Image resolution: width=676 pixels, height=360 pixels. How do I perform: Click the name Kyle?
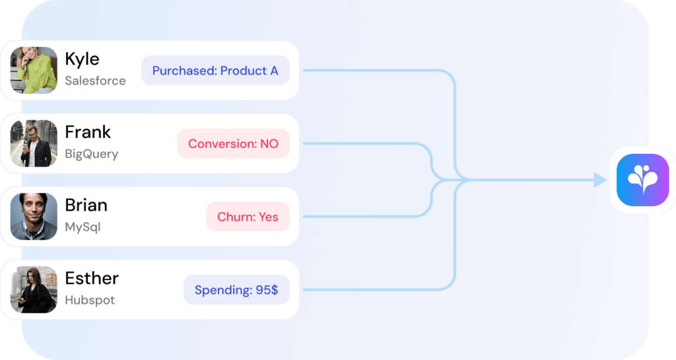point(82,59)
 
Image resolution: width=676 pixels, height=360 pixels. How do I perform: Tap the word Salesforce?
point(95,81)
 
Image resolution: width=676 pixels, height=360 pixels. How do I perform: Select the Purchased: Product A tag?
point(215,70)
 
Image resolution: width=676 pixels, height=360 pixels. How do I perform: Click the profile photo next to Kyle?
point(34,70)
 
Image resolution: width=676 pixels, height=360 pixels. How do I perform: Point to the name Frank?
point(88,132)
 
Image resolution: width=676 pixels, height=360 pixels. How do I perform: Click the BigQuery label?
point(91,154)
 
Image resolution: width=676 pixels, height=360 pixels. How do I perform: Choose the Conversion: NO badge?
point(233,143)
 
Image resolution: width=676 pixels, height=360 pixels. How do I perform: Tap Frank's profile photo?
point(34,143)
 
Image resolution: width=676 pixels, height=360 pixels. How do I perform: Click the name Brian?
point(86,205)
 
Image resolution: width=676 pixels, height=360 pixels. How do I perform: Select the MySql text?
point(83,227)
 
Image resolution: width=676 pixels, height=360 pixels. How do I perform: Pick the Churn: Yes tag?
point(248,217)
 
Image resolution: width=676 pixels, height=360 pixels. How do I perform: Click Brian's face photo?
point(34,217)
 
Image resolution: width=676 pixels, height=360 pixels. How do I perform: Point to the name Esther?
point(92,279)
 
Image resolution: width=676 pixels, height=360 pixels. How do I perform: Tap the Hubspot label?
point(90,300)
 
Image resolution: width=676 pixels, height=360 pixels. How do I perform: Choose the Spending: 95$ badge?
point(236,290)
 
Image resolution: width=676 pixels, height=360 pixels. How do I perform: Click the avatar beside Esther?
point(34,290)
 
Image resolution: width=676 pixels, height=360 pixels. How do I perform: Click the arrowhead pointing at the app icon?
point(600,180)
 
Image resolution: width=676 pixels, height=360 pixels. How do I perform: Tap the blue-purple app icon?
point(643,180)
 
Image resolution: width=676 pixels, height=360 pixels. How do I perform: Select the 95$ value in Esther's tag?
point(267,290)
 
